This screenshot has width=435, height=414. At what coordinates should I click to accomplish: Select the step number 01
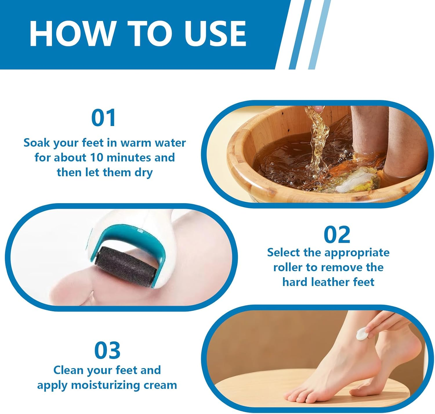pos(104,118)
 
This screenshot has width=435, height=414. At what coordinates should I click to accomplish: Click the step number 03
pos(107,350)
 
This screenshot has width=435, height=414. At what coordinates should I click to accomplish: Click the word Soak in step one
pos(37,143)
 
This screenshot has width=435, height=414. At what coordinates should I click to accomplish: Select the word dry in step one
pos(144,173)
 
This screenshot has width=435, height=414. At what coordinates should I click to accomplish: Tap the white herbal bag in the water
pos(355,180)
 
